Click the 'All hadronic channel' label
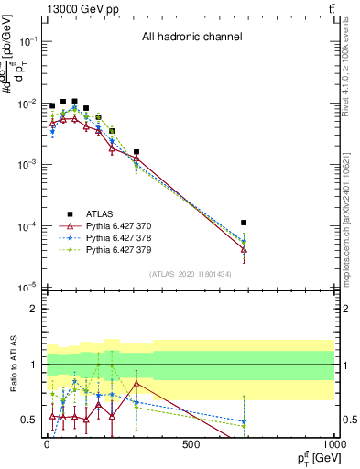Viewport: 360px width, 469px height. (x=191, y=38)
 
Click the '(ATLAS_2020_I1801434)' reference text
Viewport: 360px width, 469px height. (x=191, y=274)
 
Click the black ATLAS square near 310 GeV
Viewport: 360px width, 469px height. (x=136, y=152)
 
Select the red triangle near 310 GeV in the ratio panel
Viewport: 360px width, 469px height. (x=136, y=383)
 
